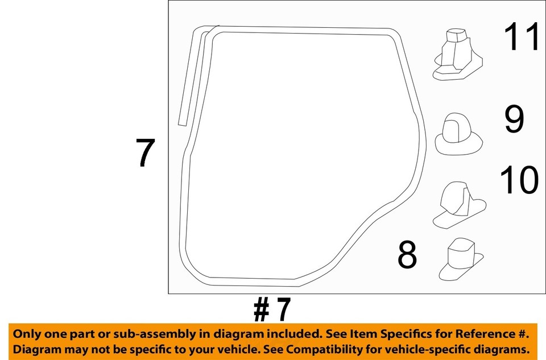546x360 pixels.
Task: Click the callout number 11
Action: [522, 36]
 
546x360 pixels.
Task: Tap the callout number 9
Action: [514, 119]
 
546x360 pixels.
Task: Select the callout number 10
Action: [519, 180]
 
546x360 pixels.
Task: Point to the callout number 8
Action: [407, 255]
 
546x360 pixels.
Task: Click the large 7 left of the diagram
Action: [145, 152]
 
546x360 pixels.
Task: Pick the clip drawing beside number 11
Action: [457, 55]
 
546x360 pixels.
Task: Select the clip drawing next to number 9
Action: [458, 134]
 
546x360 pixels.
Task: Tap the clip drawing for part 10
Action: [460, 205]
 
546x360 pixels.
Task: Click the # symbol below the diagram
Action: [262, 310]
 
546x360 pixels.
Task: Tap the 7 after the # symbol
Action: [282, 309]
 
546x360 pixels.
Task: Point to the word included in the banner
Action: [293, 334]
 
